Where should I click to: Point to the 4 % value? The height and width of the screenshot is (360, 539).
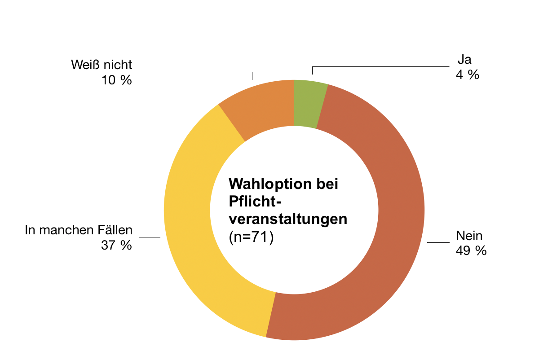point(467,75)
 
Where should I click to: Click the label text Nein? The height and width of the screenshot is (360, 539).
point(469,236)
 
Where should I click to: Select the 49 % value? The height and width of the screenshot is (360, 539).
point(471,250)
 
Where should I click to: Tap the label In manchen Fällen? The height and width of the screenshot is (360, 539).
point(79,231)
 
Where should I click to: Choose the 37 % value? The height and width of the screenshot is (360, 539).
point(116,245)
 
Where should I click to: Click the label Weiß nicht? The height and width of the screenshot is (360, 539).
point(102,65)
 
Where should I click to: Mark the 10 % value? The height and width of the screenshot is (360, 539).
point(116,80)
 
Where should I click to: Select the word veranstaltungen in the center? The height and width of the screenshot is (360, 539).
point(288,220)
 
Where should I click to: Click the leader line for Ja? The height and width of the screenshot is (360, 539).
point(382,67)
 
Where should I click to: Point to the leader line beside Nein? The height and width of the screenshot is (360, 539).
point(438,243)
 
